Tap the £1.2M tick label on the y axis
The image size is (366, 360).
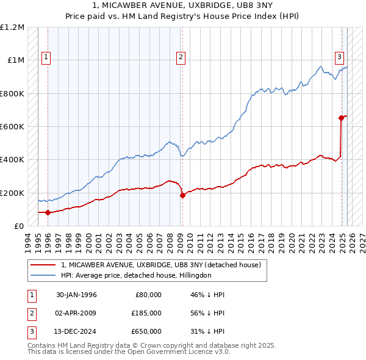click(x=12, y=27)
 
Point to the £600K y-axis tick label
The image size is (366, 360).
click(x=12, y=127)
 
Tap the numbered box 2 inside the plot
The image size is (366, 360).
click(x=181, y=57)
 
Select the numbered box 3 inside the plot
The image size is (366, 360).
click(x=339, y=57)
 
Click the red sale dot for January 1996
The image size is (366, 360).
click(x=48, y=212)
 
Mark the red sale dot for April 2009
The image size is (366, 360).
click(x=182, y=195)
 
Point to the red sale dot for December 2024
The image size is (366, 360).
click(x=341, y=118)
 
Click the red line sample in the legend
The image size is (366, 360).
click(x=43, y=265)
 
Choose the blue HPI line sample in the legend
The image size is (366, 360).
click(x=43, y=275)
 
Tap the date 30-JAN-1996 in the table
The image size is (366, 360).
click(x=76, y=295)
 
